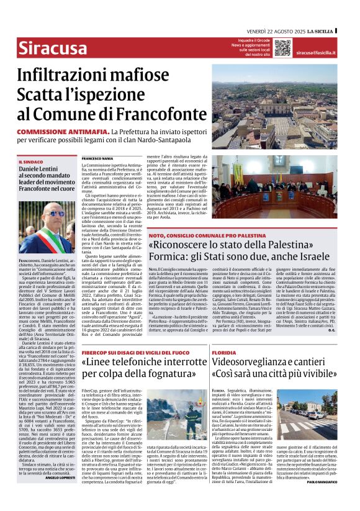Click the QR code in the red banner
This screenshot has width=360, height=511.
point(282,48)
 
